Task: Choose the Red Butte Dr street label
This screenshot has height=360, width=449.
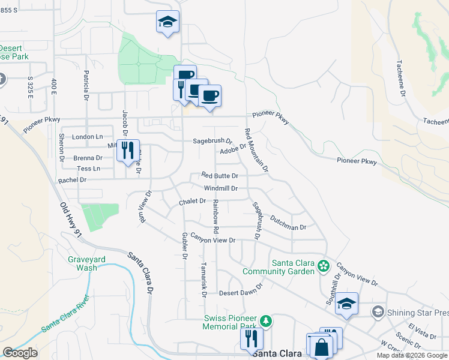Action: point(220,176)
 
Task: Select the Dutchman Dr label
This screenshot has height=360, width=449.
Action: point(288,223)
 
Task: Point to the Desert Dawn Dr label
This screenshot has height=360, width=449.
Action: point(241,290)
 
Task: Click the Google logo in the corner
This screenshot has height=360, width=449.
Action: point(20,353)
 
